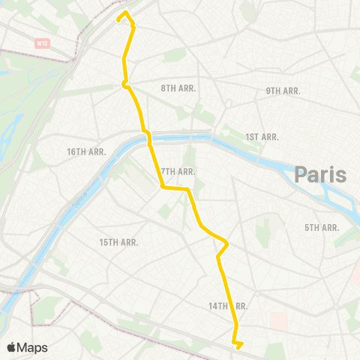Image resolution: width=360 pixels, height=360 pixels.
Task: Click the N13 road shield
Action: click(x=41, y=44)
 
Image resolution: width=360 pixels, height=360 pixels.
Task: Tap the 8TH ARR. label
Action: click(x=178, y=88)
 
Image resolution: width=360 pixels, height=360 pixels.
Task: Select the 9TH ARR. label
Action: click(x=283, y=91)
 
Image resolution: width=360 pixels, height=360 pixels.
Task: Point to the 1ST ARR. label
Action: click(x=262, y=136)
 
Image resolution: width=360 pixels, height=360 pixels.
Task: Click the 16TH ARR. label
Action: click(x=87, y=151)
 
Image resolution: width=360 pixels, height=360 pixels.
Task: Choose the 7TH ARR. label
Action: click(x=178, y=172)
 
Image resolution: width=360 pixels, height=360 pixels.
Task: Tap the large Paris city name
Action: click(x=320, y=175)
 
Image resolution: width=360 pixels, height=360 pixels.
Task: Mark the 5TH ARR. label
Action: click(x=322, y=227)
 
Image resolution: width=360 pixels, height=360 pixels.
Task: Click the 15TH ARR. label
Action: click(x=119, y=242)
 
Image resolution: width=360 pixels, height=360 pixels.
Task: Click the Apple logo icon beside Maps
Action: click(x=12, y=347)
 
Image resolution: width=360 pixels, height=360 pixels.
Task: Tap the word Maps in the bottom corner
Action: click(x=33, y=347)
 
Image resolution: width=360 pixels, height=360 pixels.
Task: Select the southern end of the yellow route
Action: click(x=237, y=347)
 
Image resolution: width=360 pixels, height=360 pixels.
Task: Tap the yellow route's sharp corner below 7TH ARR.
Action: click(x=163, y=188)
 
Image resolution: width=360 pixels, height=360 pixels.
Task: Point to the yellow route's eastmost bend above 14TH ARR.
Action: click(x=226, y=244)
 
